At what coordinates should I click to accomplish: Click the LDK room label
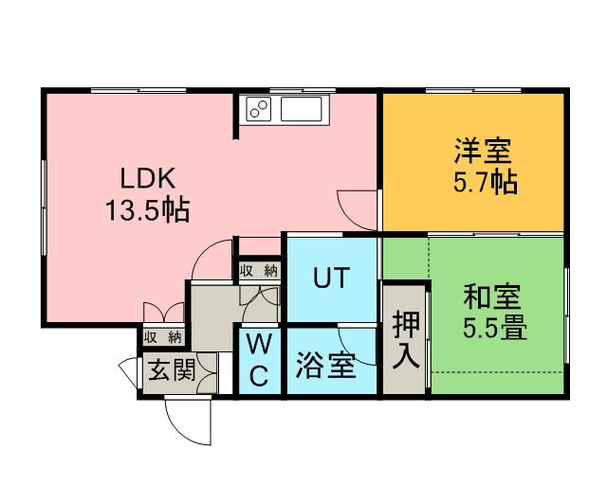[x=148, y=178]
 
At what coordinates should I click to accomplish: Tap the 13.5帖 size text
[x=148, y=210]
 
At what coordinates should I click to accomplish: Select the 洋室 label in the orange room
[x=483, y=151]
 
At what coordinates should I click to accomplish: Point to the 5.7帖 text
[x=486, y=182]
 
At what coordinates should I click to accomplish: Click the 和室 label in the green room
[x=492, y=296]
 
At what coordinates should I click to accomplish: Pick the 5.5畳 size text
[x=495, y=329]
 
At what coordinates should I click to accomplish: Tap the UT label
[x=331, y=278]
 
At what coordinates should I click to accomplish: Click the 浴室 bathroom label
[x=325, y=366]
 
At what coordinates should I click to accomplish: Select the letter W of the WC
[x=259, y=344]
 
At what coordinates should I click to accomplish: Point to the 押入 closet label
[x=405, y=339]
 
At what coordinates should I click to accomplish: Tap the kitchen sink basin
[x=302, y=109]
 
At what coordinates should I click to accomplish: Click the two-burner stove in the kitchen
[x=258, y=109]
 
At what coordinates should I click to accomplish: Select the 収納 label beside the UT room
[x=259, y=271]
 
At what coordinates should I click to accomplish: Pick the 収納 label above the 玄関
[x=163, y=337]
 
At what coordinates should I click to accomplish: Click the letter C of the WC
[x=259, y=375]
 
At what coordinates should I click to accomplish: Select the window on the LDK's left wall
[x=44, y=207]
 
